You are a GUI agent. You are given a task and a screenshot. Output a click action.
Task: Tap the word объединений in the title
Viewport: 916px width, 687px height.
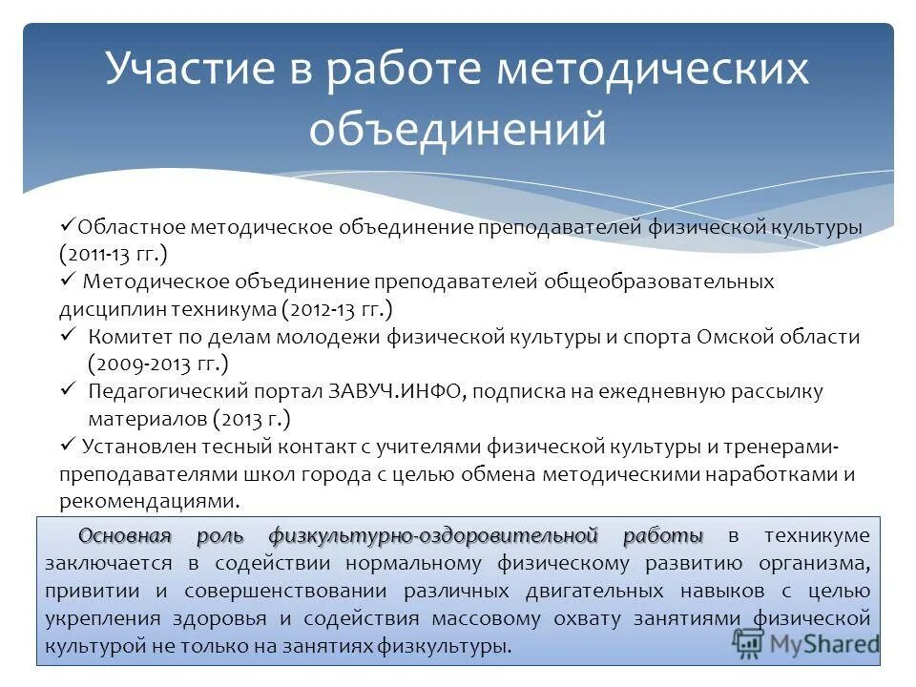pos(457,129)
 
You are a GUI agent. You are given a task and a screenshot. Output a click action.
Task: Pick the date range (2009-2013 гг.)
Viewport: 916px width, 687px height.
pos(158,364)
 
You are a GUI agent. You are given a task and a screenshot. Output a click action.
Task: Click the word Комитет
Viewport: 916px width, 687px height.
pos(128,337)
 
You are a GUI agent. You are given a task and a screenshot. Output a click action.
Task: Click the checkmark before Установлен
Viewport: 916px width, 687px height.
pos(68,445)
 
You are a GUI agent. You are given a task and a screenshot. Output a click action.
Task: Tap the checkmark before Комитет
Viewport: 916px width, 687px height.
pos(68,336)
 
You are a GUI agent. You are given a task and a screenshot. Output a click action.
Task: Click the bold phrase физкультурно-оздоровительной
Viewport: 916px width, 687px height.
pos(433,535)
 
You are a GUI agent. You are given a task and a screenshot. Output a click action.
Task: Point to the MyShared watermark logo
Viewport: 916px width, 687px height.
pos(805,641)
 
